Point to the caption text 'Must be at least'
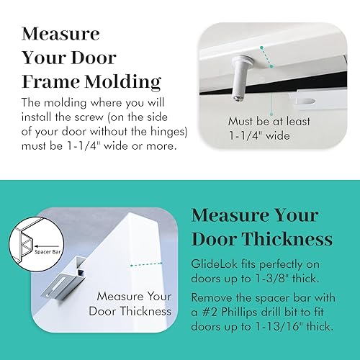coord(269,121)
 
